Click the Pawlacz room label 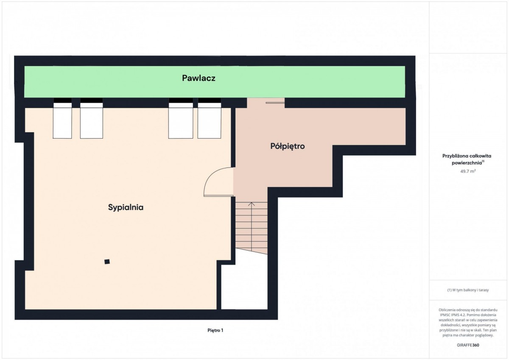(x=199, y=78)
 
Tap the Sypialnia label (x=126, y=208)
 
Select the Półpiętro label (x=288, y=146)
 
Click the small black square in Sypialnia (x=107, y=262)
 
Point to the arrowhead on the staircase (x=251, y=204)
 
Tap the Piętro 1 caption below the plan (x=215, y=330)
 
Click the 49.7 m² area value (x=468, y=171)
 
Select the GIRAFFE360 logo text (x=468, y=345)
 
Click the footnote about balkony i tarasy (x=468, y=290)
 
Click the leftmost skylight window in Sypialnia (x=62, y=118)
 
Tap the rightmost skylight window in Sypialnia (x=209, y=118)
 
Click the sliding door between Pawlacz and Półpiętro (x=275, y=103)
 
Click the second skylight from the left (x=92, y=118)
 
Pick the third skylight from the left (x=181, y=118)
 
